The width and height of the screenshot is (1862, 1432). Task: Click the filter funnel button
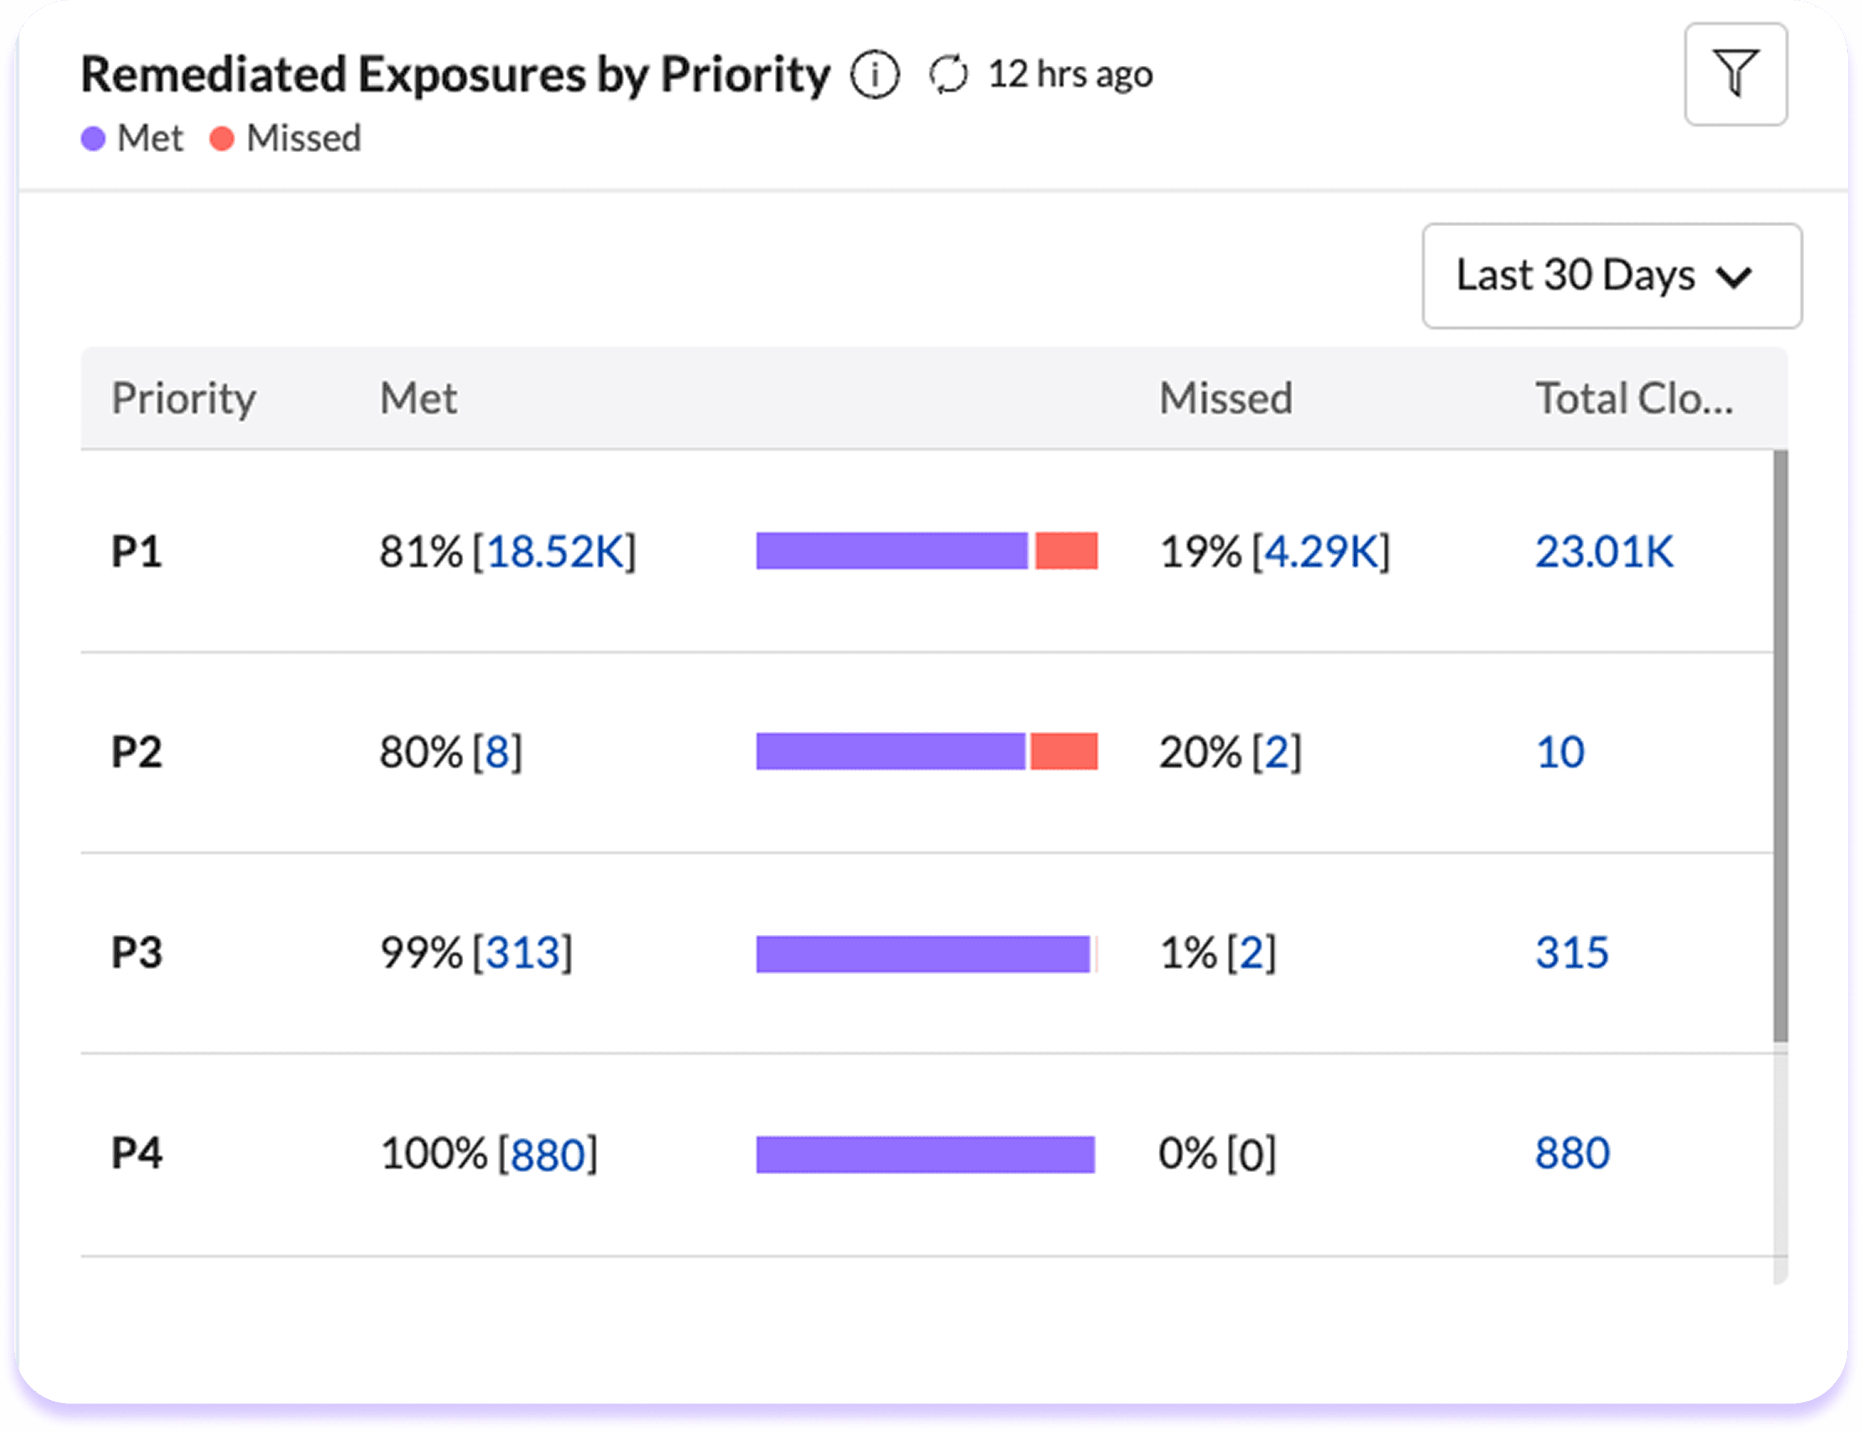click(x=1735, y=74)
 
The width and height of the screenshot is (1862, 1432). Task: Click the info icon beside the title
click(x=874, y=75)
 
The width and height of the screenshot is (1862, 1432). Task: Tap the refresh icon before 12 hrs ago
click(x=948, y=75)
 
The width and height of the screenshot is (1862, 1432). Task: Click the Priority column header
click(x=183, y=398)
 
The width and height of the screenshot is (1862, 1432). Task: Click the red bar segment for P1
click(x=1066, y=551)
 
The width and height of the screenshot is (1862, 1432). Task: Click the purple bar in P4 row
click(x=925, y=1154)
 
